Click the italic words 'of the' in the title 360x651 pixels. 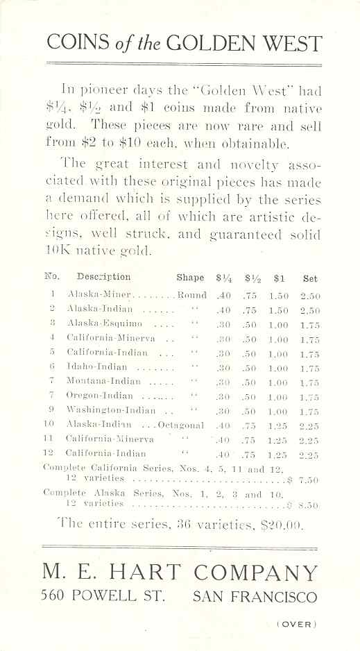pos(145,43)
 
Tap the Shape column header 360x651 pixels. pos(190,278)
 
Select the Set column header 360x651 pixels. pos(310,278)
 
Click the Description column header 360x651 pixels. pos(103,278)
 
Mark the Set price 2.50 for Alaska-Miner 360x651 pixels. pos(310,294)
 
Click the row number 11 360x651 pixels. pos(49,439)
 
